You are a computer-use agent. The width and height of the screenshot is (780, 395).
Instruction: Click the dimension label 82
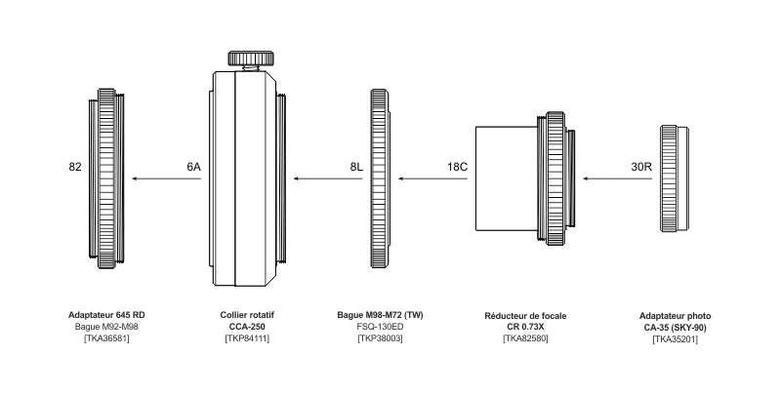click(x=75, y=167)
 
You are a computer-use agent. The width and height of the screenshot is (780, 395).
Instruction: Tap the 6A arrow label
click(x=193, y=167)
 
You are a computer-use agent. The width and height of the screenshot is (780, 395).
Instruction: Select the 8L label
click(x=356, y=167)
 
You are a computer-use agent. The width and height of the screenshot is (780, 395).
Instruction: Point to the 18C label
click(x=458, y=167)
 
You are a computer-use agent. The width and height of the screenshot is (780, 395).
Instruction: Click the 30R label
click(x=641, y=167)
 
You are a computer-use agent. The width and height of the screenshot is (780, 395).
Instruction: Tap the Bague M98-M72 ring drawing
click(x=381, y=178)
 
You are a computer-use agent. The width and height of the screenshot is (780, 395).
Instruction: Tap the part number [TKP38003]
click(x=381, y=337)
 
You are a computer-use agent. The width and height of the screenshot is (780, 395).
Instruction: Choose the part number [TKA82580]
click(x=525, y=337)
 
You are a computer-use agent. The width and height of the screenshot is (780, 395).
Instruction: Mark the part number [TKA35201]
click(x=675, y=337)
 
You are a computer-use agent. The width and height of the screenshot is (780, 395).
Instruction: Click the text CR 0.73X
click(x=525, y=327)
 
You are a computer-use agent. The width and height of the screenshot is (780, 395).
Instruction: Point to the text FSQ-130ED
click(x=381, y=327)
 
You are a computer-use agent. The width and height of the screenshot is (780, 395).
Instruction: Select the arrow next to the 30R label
click(x=605, y=178)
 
